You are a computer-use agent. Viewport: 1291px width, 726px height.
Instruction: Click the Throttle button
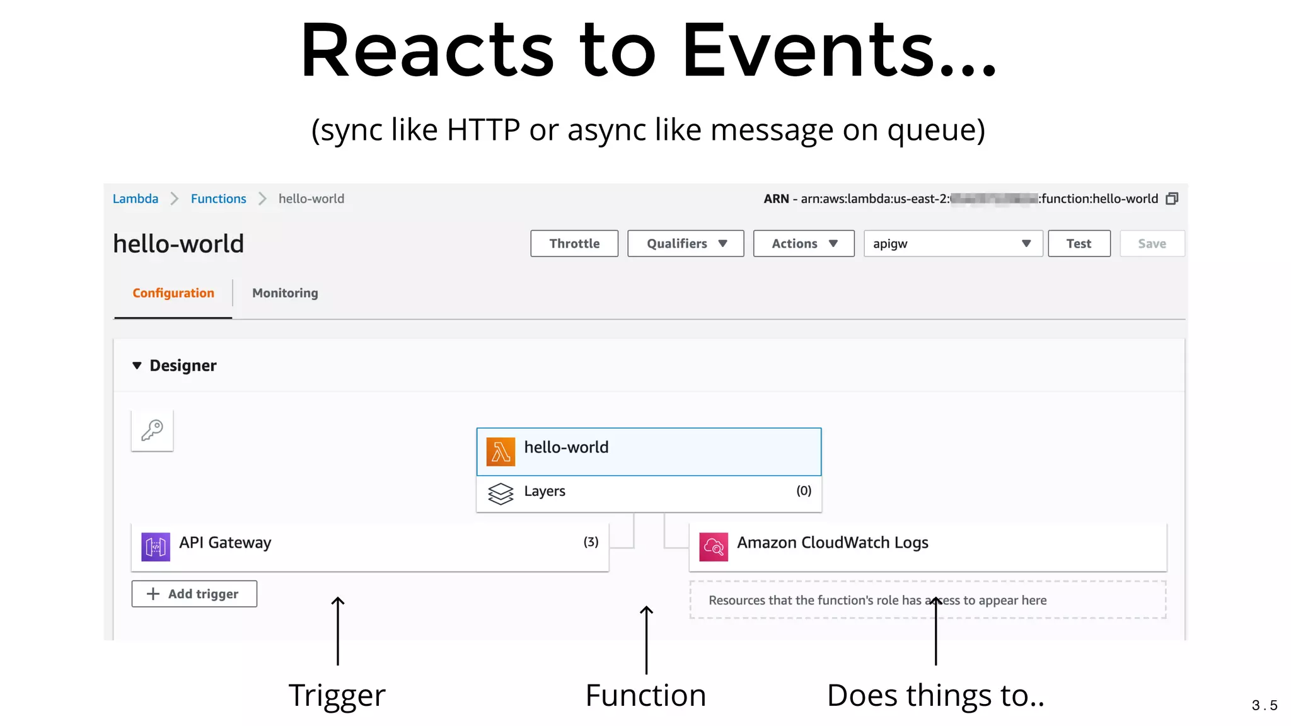coord(574,244)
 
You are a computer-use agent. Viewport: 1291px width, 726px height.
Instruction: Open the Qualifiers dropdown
coord(686,244)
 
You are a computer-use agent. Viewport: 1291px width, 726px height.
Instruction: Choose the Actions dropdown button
coord(804,244)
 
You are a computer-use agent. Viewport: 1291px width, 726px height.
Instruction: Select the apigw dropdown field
coord(952,244)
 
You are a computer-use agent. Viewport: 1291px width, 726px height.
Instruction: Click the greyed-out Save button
coord(1152,244)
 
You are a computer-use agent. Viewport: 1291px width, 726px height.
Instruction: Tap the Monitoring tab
coord(285,293)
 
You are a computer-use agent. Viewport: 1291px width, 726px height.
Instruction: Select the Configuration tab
coord(173,293)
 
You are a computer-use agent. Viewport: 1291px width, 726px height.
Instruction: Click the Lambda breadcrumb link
coord(136,199)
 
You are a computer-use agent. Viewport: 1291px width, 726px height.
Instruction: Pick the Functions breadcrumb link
coord(218,199)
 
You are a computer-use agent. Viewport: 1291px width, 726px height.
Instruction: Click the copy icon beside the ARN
coord(1172,199)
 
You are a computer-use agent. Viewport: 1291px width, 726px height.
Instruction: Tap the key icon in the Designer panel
coord(153,430)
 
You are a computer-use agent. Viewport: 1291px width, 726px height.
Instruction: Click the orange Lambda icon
coord(501,452)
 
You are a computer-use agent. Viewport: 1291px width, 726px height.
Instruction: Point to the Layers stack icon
coord(501,493)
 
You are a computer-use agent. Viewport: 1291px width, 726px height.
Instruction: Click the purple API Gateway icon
coord(156,546)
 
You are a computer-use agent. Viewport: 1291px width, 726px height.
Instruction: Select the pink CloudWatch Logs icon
coord(714,546)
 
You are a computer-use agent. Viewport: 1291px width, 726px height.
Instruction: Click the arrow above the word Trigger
coord(338,630)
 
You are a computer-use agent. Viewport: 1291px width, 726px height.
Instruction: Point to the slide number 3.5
coord(1265,705)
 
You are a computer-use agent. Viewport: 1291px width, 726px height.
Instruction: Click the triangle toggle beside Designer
coord(137,366)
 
